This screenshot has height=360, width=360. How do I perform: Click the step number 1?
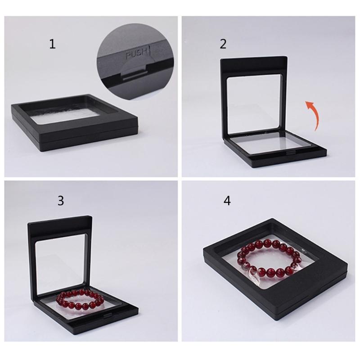click(x=53, y=44)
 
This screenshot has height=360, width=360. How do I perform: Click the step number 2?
click(x=223, y=44)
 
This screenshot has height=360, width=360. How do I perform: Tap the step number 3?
click(x=61, y=201)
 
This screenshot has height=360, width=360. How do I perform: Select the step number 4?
click(x=227, y=201)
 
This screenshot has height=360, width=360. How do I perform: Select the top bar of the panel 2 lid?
click(x=254, y=64)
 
